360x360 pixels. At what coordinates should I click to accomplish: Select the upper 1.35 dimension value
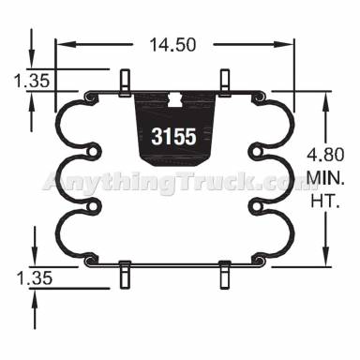[32, 82]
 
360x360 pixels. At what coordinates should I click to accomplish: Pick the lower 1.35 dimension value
[32, 277]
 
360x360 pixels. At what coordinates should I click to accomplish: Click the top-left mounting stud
[123, 81]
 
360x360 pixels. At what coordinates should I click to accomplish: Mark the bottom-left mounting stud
[123, 275]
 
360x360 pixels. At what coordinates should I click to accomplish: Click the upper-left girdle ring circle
[94, 148]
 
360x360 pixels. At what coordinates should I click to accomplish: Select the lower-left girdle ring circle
[94, 207]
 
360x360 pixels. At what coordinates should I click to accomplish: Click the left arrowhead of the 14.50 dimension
[61, 42]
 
